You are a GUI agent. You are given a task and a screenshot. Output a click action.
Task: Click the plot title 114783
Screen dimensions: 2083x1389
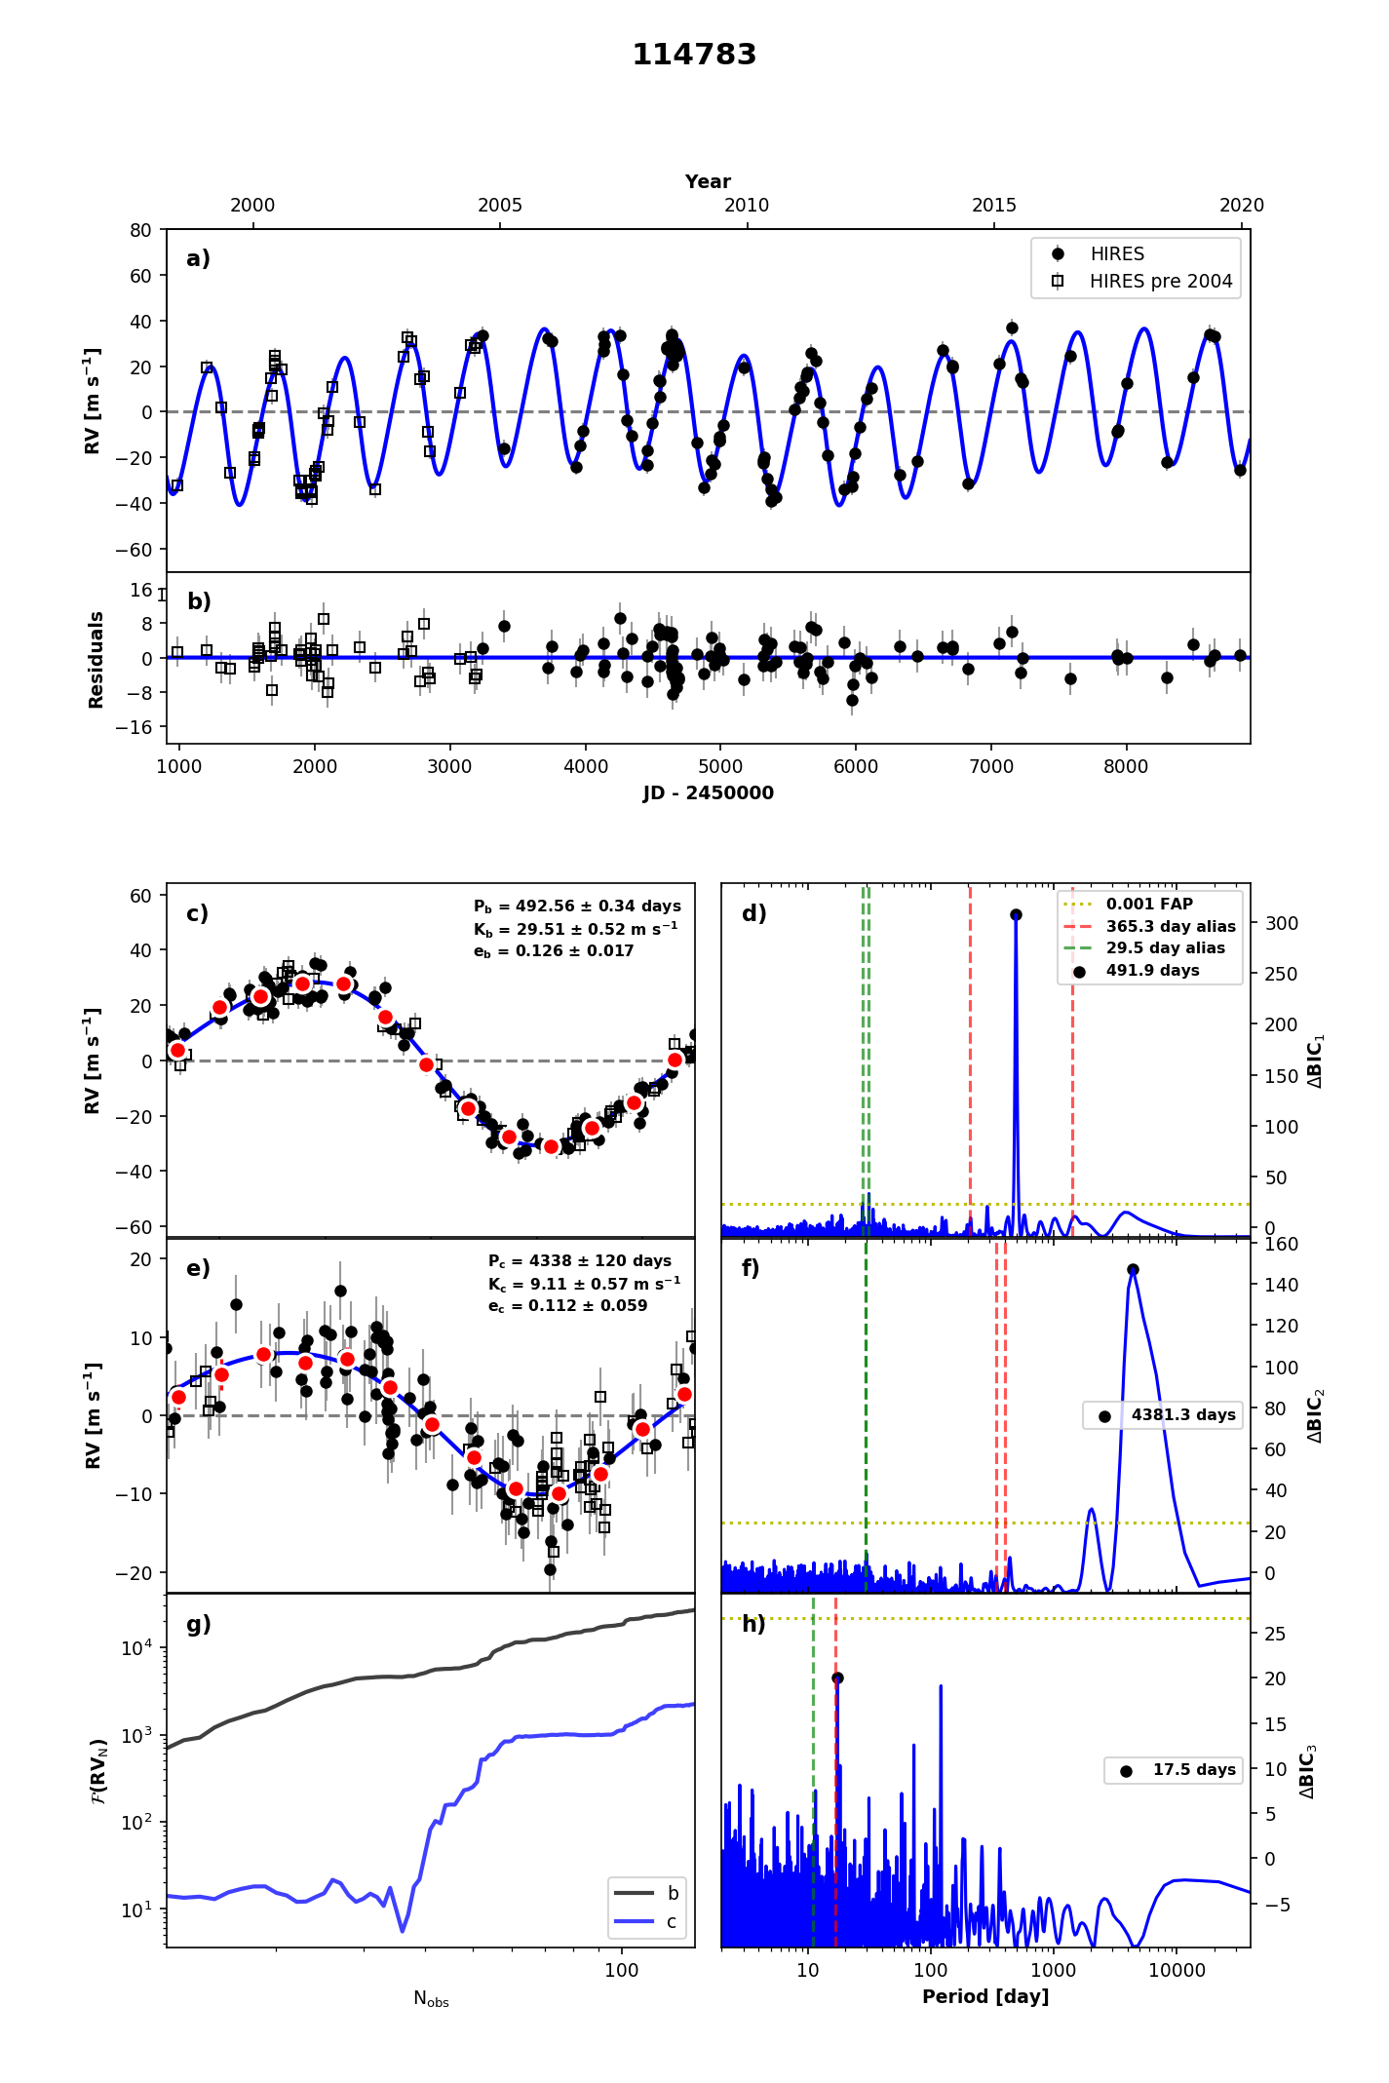click(694, 55)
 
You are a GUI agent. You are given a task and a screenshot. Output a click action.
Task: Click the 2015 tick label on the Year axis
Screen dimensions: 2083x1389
click(993, 206)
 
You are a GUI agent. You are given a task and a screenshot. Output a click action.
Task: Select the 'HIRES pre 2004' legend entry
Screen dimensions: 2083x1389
click(1160, 282)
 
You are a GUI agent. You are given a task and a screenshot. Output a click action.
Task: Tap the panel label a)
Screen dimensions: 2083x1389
click(198, 258)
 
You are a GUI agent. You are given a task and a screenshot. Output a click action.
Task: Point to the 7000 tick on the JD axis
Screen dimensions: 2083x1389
click(991, 766)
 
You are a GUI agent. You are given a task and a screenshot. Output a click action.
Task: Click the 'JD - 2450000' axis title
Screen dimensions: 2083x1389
click(708, 793)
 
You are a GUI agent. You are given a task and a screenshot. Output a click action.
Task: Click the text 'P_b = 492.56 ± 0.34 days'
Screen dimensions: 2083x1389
click(577, 906)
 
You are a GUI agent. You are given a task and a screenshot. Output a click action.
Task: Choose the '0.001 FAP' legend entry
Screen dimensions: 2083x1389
click(1149, 905)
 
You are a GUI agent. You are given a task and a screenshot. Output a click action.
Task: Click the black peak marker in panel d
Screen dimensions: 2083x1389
click(1016, 914)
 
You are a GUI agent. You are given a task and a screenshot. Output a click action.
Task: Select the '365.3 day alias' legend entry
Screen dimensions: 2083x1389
click(1170, 927)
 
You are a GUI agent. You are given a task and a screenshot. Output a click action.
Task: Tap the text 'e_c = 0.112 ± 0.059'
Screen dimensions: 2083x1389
click(567, 1306)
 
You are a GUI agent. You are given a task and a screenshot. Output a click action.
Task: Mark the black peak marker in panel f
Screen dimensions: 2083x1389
click(1133, 1269)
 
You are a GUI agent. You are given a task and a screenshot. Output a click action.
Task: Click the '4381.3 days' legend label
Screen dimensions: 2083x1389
click(1182, 1414)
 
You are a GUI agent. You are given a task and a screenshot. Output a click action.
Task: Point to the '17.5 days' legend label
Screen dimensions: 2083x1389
click(1193, 1769)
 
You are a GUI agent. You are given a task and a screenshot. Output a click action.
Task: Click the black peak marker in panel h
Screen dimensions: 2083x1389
click(837, 1678)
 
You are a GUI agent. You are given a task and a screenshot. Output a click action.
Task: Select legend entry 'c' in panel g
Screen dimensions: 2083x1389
click(671, 1921)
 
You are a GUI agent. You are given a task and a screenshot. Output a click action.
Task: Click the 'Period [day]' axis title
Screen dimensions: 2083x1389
click(985, 1996)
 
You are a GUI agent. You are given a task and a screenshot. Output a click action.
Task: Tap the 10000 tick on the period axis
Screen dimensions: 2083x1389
click(1177, 1970)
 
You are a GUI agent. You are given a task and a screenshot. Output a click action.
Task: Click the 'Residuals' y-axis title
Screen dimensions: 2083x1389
click(96, 659)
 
